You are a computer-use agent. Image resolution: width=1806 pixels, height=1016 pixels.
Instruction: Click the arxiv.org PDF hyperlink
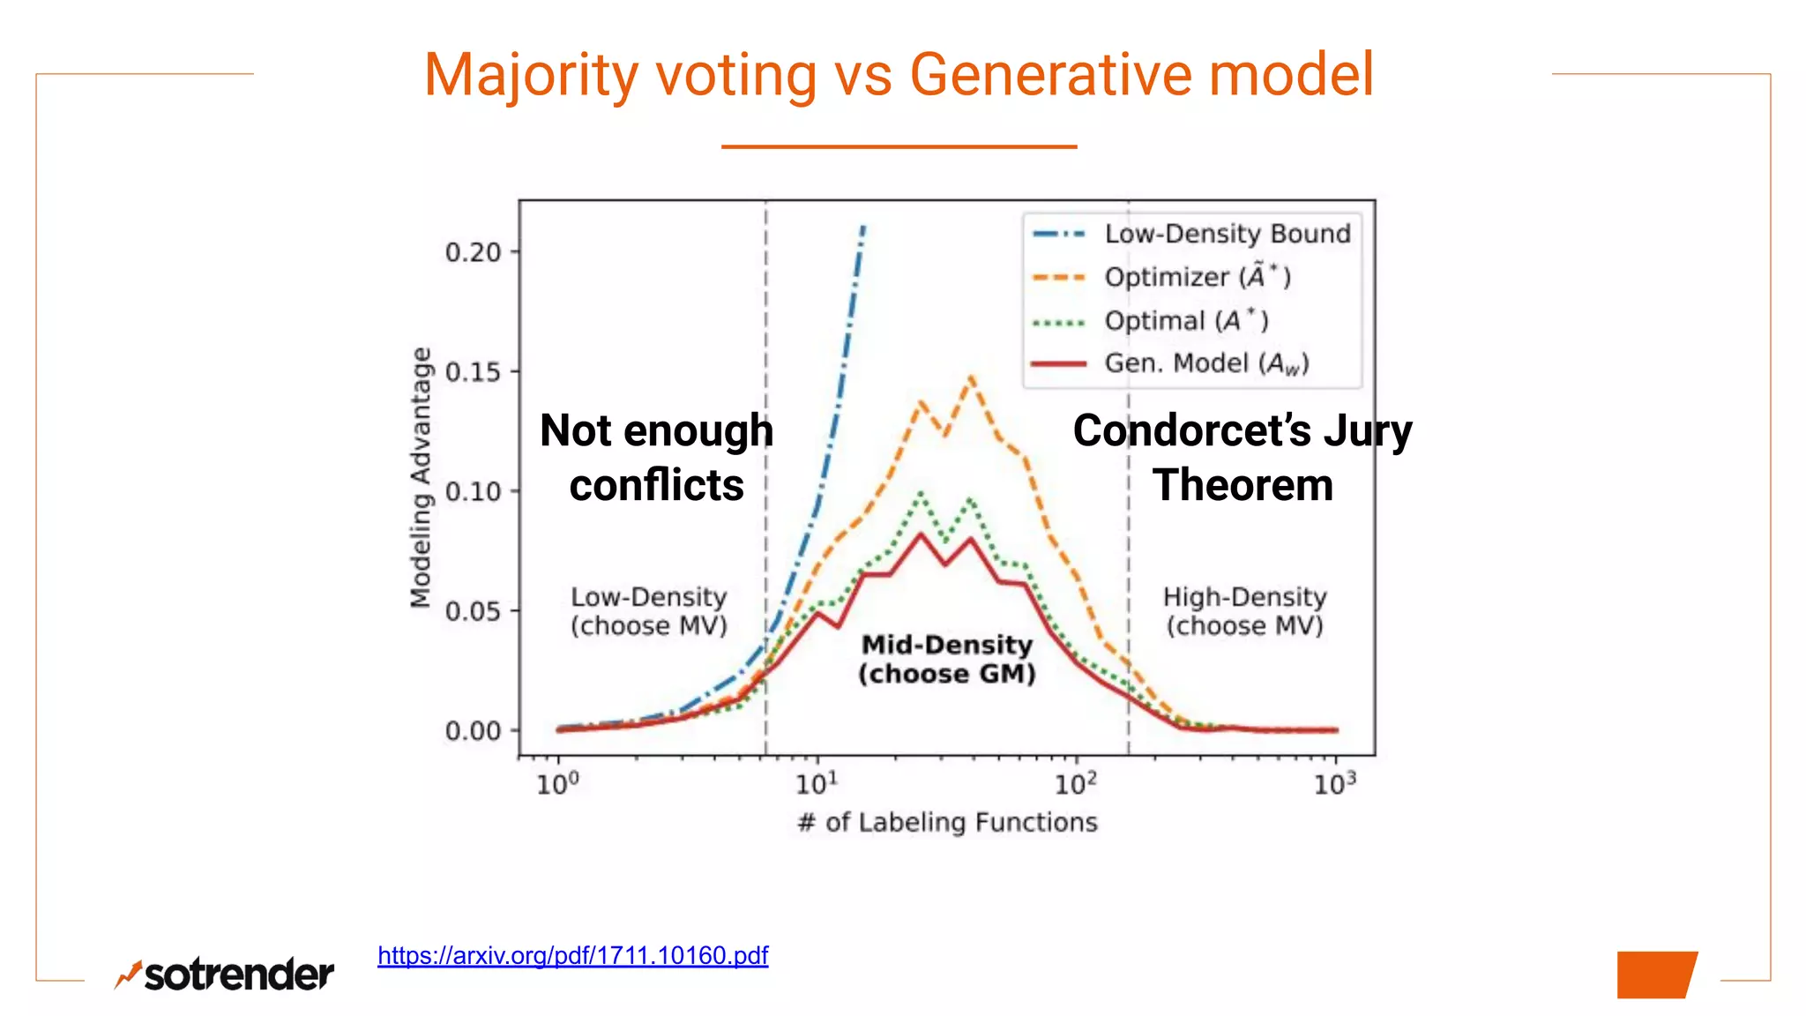572,955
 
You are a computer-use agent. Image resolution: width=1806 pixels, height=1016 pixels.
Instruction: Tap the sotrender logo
225,974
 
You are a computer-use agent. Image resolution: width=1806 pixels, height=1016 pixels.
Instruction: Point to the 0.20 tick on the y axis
474,252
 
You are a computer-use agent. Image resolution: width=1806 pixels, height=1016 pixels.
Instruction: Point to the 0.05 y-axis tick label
474,611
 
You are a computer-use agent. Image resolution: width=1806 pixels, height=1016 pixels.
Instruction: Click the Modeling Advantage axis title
422,477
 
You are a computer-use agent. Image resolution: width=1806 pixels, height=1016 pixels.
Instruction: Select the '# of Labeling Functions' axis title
947,822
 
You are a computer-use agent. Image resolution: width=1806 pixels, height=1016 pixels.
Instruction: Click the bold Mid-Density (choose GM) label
947,659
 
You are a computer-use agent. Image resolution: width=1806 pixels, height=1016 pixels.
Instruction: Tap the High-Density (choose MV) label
1244,611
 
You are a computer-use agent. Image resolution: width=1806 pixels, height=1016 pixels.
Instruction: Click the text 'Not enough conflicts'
656,458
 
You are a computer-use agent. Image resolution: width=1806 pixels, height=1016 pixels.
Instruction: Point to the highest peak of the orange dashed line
971,377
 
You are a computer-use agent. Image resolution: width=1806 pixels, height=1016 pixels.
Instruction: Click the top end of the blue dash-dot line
863,227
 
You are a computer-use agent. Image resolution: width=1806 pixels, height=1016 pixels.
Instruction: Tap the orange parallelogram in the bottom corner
1656,975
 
